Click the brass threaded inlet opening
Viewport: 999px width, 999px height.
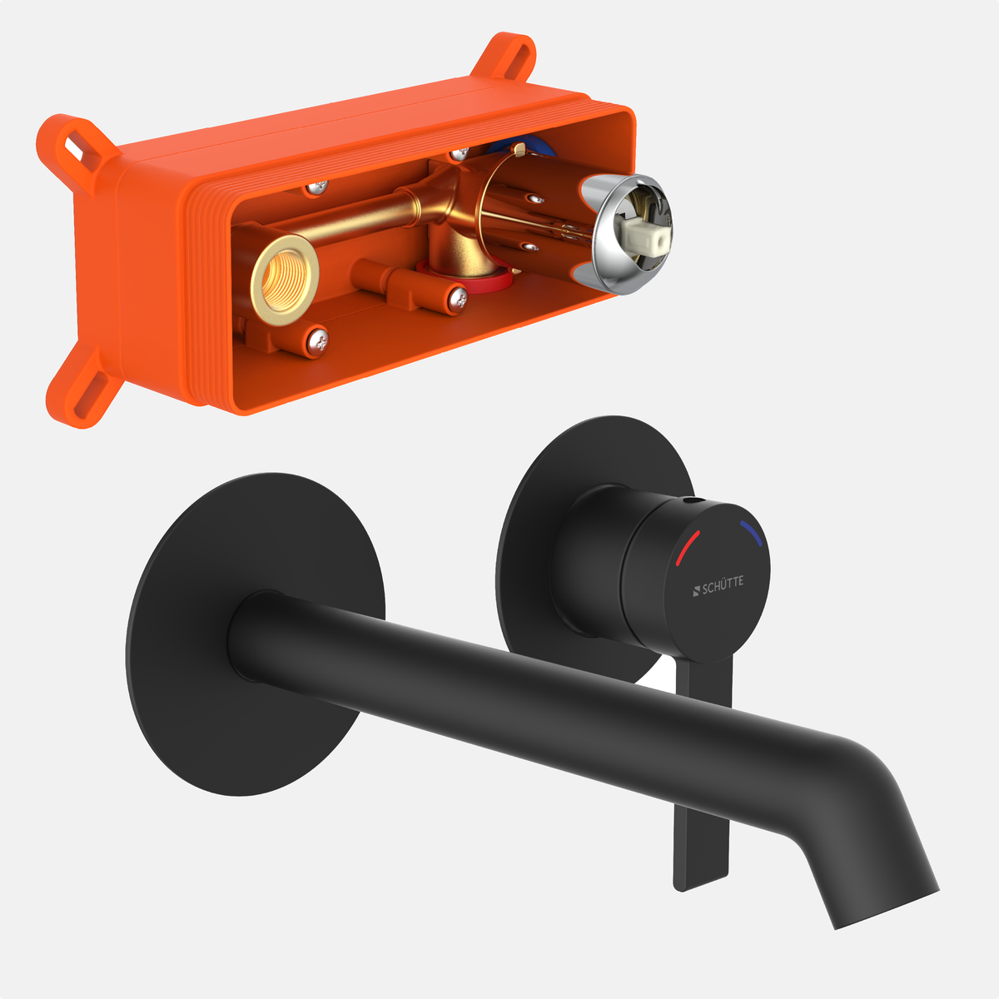[x=284, y=280]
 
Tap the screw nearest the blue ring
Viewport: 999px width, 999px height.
[x=460, y=153]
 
